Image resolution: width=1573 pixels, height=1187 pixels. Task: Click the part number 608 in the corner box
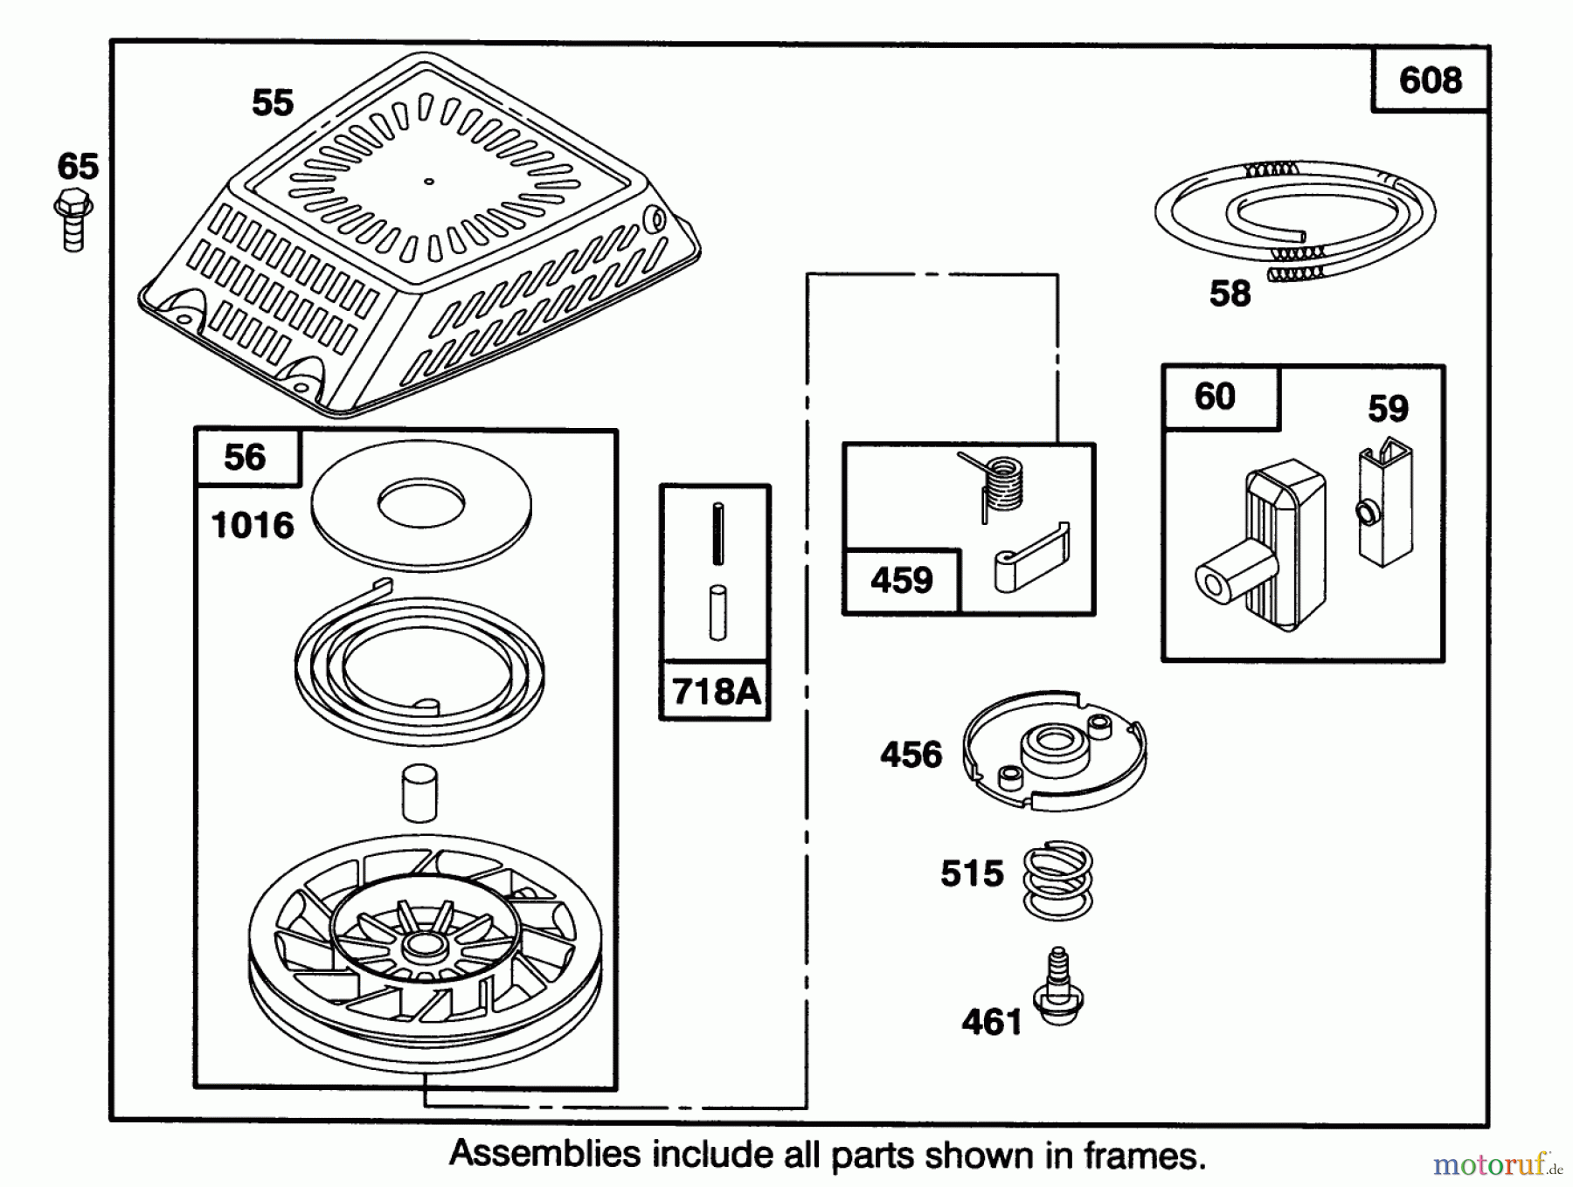click(x=1430, y=80)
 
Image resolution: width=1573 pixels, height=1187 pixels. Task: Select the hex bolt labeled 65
click(x=73, y=222)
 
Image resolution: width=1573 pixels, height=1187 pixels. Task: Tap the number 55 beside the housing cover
click(x=272, y=103)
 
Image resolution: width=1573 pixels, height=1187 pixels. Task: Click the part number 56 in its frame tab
click(x=245, y=458)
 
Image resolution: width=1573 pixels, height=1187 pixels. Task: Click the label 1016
click(x=253, y=526)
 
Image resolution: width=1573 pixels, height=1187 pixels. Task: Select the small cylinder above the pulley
click(x=419, y=792)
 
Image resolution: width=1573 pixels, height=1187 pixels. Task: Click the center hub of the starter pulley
click(x=421, y=944)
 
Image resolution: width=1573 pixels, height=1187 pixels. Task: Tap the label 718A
click(x=715, y=692)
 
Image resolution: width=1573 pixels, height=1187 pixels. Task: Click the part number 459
click(x=901, y=580)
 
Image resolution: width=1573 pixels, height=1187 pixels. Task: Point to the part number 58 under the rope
click(x=1230, y=293)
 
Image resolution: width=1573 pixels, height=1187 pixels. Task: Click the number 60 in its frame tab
click(x=1214, y=397)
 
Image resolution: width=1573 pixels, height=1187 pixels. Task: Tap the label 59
click(x=1388, y=409)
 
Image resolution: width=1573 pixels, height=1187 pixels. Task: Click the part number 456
click(x=911, y=755)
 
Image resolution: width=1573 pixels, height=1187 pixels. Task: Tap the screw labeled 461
click(x=1058, y=987)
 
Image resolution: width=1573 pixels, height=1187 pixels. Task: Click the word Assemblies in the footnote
click(x=545, y=1155)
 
